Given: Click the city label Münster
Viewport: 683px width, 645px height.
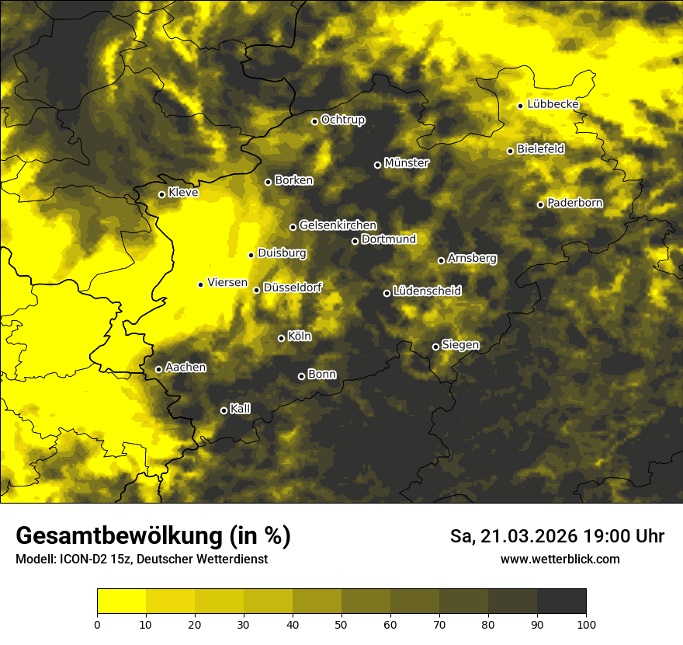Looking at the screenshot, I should click(x=407, y=163).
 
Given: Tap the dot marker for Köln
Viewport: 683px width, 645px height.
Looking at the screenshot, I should click(x=281, y=338).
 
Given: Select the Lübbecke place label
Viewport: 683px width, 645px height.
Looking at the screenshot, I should click(x=553, y=104).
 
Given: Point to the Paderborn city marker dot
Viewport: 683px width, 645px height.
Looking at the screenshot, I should click(x=541, y=204).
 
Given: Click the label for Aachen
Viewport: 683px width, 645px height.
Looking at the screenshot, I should click(x=185, y=367).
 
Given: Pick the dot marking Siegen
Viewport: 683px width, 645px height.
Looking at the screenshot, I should click(x=435, y=347).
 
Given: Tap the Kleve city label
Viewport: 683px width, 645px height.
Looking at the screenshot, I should click(x=183, y=192).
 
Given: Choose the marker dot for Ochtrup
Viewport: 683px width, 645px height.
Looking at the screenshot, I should click(x=314, y=121).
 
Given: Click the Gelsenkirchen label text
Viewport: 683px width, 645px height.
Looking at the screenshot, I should click(x=338, y=225).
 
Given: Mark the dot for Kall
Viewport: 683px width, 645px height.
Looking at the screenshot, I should click(x=224, y=410).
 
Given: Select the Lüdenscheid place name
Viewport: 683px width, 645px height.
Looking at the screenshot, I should click(x=427, y=291).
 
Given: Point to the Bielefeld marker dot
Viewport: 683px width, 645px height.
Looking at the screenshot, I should click(x=510, y=151).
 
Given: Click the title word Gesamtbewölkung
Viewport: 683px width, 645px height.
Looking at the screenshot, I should click(x=116, y=536).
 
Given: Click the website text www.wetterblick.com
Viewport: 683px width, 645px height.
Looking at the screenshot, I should click(x=560, y=559).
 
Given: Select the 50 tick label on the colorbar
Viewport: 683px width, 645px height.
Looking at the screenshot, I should click(x=341, y=623).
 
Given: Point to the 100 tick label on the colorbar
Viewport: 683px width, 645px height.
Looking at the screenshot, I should click(x=586, y=623).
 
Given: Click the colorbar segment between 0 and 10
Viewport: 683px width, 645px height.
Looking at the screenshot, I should click(x=122, y=601).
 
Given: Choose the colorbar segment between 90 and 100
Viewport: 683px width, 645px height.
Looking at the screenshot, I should click(x=561, y=601).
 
